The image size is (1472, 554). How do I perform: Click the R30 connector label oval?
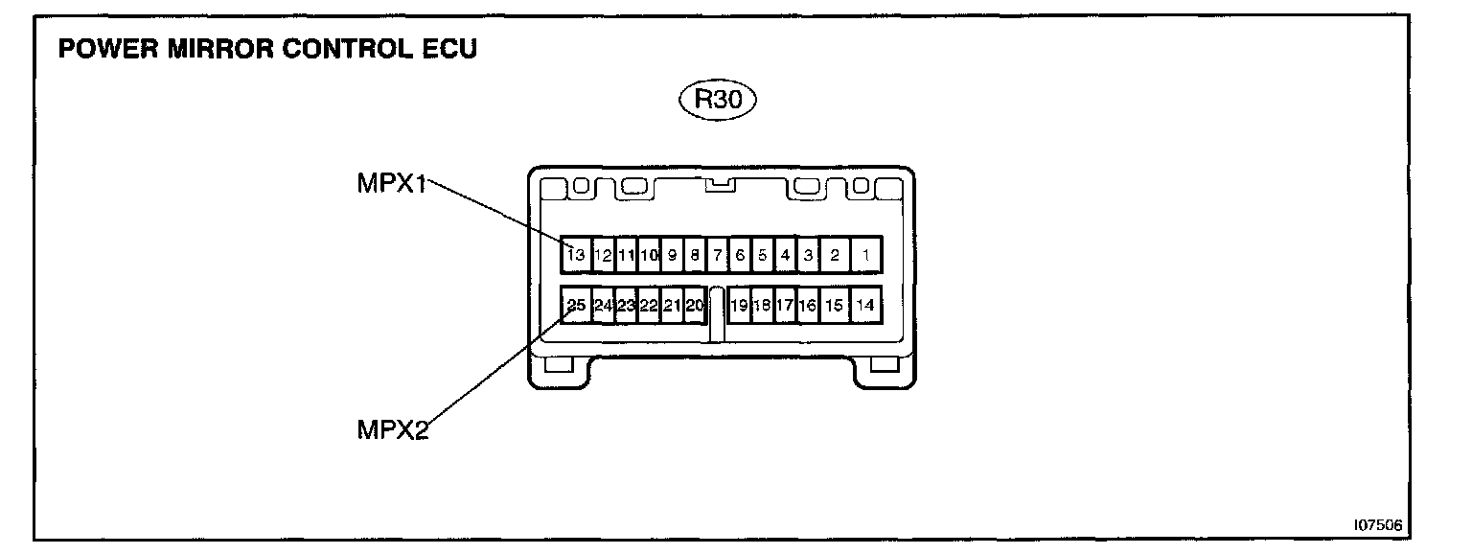(718, 101)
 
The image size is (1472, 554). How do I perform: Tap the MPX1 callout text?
(391, 183)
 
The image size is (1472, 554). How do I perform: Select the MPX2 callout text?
(392, 428)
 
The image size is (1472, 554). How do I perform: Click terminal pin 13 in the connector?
(575, 255)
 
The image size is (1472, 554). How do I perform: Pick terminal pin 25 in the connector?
(575, 306)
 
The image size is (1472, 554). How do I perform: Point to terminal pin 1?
(865, 255)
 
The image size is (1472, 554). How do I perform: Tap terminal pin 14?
(865, 306)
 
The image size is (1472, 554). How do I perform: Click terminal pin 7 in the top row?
(717, 255)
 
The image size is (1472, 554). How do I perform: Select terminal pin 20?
(695, 306)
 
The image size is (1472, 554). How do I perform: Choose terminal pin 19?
(739, 306)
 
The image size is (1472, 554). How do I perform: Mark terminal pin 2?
(835, 255)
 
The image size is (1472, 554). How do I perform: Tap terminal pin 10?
(649, 255)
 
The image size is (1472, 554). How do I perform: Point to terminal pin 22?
(649, 306)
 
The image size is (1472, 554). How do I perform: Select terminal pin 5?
(763, 255)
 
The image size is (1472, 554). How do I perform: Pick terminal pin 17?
(785, 306)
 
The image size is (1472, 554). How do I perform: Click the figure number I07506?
(1378, 525)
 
